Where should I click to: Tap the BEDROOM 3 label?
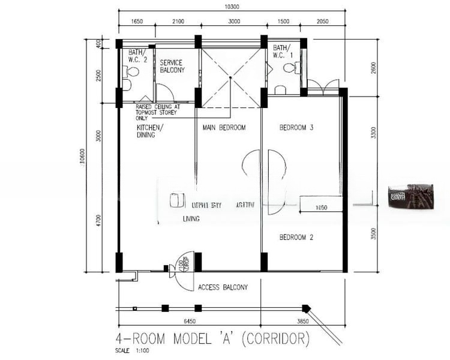pyautogui.click(x=297, y=128)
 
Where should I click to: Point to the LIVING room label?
pyautogui.click(x=191, y=220)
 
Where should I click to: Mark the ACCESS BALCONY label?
pyautogui.click(x=223, y=287)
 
